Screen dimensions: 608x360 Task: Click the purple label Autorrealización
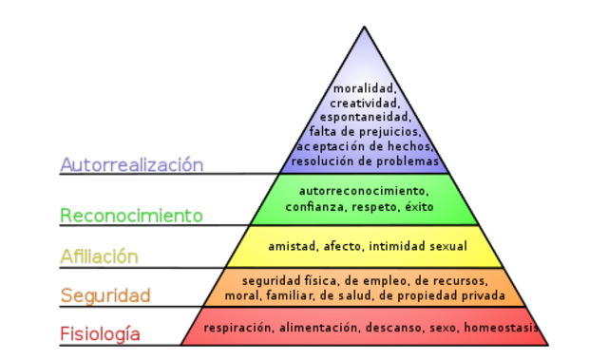pos(132,164)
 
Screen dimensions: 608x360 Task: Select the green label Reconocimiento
pos(132,216)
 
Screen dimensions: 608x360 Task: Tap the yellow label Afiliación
pos(100,256)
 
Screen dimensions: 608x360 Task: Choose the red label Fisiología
pos(101,333)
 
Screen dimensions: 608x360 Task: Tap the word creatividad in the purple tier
pos(363,104)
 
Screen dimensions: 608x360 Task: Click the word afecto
pos(344,247)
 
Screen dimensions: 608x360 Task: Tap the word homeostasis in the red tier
pos(500,328)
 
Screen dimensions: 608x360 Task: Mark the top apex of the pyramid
pos(363,27)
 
